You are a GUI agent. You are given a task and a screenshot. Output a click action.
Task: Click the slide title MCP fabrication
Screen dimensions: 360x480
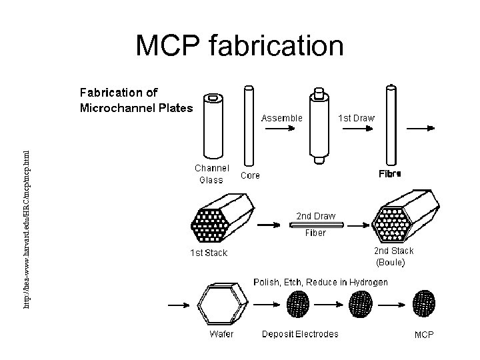[x=240, y=46]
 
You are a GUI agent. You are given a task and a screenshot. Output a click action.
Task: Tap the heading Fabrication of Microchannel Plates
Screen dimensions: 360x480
[x=136, y=100]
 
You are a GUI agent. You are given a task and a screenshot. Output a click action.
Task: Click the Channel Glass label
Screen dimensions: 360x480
[x=212, y=174]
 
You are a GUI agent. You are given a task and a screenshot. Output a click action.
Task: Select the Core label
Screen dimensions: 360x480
[x=250, y=176]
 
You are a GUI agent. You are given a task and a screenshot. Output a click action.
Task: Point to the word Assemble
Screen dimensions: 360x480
[x=281, y=117]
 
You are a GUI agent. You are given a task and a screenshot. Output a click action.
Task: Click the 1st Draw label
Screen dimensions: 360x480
[x=357, y=117]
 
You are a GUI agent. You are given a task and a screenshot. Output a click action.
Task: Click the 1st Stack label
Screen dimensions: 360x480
[x=209, y=253]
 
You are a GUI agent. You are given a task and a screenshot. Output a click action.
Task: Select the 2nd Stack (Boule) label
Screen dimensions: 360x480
[x=393, y=257]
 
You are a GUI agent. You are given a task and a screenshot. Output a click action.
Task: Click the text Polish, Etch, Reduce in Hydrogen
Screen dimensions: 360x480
[x=321, y=283]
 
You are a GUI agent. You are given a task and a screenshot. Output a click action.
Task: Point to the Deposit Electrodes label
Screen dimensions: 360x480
[x=300, y=334]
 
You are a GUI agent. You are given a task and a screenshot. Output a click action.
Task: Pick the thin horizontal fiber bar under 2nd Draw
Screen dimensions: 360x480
[x=316, y=225]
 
